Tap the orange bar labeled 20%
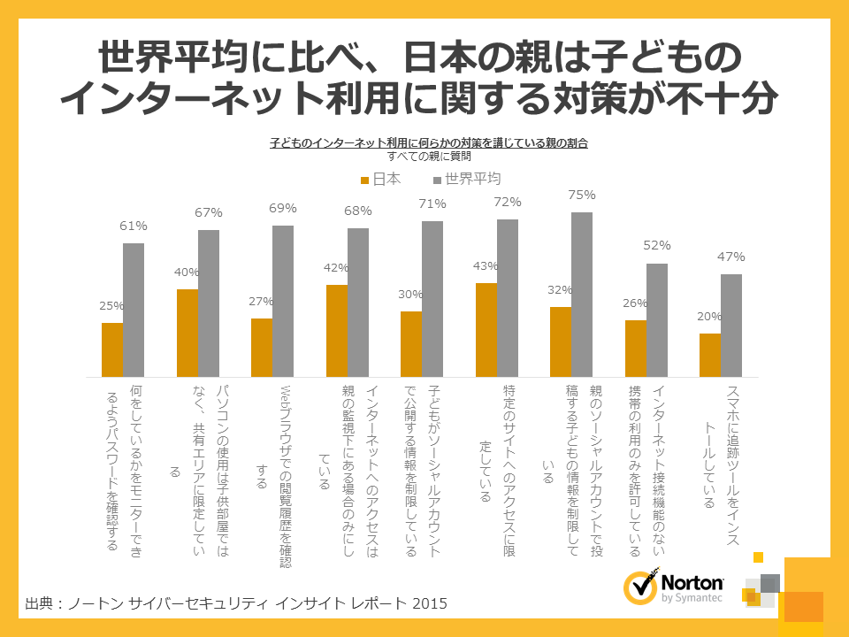pyautogui.click(x=710, y=355)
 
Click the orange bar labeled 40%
pyautogui.click(x=187, y=332)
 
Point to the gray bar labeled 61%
pyautogui.click(x=134, y=309)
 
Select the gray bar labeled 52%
pyautogui.click(x=656, y=319)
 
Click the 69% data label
pyautogui.click(x=283, y=208)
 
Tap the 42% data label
pyautogui.click(x=336, y=268)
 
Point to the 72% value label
pyautogui.click(x=508, y=202)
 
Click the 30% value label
pyautogui.click(x=411, y=295)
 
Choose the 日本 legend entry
pyautogui.click(x=380, y=180)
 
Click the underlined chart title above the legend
pyautogui.click(x=429, y=142)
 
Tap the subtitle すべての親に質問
pyautogui.click(x=429, y=156)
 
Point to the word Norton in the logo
pyautogui.click(x=692, y=583)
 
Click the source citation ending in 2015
pyautogui.click(x=236, y=603)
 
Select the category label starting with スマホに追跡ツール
pyautogui.click(x=721, y=447)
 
